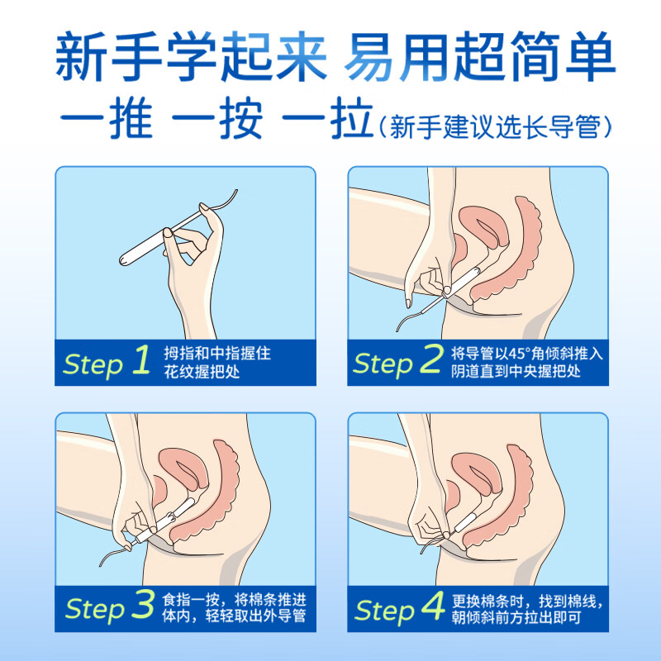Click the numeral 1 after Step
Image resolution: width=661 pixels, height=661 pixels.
(x=141, y=362)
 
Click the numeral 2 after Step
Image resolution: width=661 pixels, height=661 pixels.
(x=432, y=362)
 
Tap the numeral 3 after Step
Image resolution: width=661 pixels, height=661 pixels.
(x=142, y=608)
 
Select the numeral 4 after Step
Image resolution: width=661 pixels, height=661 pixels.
(x=433, y=608)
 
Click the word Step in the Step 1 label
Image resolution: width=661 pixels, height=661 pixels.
(x=93, y=364)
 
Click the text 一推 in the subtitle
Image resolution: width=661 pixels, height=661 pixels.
(x=107, y=121)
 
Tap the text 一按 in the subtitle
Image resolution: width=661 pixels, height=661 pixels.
(x=217, y=121)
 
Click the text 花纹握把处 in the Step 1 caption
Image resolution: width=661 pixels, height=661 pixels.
(x=201, y=372)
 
